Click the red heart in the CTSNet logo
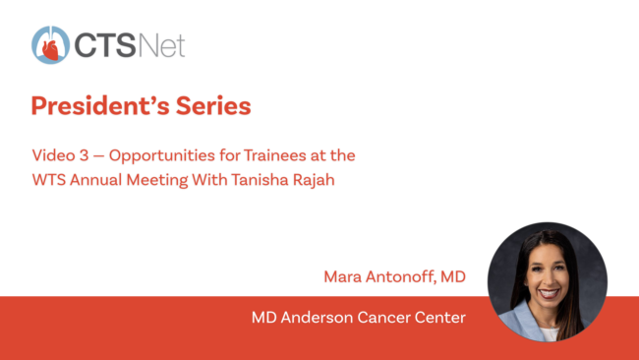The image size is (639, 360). [51, 50]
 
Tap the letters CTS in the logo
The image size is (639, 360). [105, 45]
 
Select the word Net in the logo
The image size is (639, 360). [162, 45]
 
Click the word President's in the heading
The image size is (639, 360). [100, 106]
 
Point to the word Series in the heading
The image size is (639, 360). [213, 106]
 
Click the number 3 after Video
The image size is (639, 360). [84, 155]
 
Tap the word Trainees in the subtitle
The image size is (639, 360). [275, 155]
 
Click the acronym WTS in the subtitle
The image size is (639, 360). [49, 180]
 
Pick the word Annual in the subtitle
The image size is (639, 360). [95, 180]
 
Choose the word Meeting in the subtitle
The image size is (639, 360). [157, 181]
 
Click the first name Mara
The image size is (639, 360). [342, 276]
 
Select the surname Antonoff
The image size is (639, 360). [401, 277]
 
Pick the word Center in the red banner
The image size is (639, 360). [439, 318]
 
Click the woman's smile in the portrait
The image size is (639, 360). [549, 293]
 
